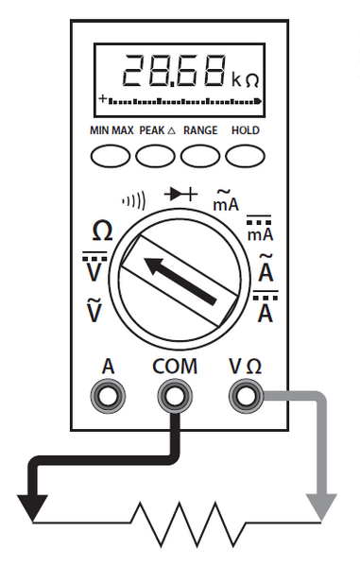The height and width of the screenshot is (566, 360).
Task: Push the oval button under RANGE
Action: (200, 154)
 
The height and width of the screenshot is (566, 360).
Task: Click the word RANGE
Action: (200, 130)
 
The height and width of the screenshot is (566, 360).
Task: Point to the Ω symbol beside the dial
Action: (102, 232)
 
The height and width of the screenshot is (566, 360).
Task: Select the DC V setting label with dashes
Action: (94, 268)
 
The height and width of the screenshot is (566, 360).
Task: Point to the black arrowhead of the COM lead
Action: (32, 507)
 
